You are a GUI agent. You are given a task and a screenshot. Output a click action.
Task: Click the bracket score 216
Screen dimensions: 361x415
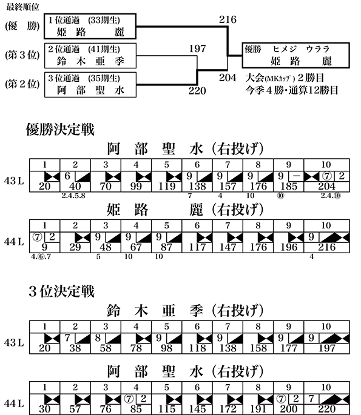(228, 19)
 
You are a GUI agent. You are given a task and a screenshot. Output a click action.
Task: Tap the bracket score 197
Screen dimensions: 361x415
(197, 48)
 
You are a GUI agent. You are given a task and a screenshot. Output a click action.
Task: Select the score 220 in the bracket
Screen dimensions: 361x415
(197, 91)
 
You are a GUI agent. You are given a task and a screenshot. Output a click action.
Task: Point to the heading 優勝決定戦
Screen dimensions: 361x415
(60, 130)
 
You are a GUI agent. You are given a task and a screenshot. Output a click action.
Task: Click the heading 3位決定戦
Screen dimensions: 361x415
(61, 291)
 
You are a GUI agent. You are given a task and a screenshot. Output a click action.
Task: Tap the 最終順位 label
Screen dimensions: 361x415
(22, 7)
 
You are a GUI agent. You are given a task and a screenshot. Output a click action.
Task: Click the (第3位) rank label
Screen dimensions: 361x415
(22, 55)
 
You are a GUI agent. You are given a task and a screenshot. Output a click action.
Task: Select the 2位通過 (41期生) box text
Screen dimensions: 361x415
(84, 49)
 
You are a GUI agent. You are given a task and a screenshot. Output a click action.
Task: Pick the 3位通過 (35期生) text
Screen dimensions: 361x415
(84, 78)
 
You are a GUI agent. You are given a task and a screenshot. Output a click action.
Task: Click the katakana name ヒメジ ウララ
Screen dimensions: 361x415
(301, 49)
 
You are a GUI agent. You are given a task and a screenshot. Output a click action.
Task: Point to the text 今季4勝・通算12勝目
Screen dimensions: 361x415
(292, 90)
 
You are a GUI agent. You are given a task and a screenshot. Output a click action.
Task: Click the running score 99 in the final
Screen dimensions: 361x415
(136, 187)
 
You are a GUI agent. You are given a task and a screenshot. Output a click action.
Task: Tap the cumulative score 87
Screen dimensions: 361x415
(166, 247)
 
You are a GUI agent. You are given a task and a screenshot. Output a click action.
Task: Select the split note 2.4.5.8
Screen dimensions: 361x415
(73, 196)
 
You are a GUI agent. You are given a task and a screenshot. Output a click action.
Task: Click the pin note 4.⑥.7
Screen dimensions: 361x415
(41, 257)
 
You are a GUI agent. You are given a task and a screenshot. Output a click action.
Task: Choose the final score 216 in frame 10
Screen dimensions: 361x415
(326, 247)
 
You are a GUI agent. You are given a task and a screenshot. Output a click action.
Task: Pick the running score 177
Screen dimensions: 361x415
(289, 348)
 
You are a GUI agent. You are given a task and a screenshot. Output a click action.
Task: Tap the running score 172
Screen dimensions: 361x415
(228, 409)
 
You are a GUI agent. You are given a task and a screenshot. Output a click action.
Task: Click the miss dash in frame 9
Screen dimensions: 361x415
(296, 176)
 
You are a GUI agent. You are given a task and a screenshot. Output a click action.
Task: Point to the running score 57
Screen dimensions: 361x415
(75, 409)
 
